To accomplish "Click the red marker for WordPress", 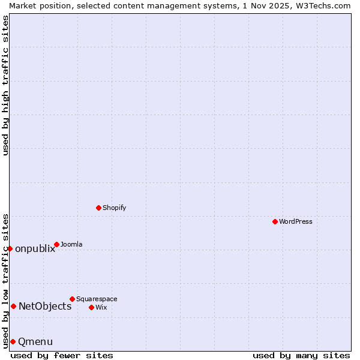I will click(x=275, y=221).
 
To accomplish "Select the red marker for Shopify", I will click(x=98, y=208).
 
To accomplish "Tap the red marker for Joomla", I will click(x=56, y=244).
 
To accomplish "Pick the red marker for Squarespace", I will click(x=72, y=299).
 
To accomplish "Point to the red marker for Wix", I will click(x=91, y=307).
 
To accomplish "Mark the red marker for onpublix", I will click(x=10, y=248).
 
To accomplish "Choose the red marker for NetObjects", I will click(x=13, y=306).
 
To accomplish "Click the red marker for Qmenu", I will click(x=13, y=341).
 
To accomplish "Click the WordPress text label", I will click(x=295, y=221).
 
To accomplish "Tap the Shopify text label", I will click(x=114, y=208).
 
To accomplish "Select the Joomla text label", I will click(x=71, y=244).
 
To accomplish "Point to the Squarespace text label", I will click(x=97, y=299).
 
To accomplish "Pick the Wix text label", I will click(x=101, y=307).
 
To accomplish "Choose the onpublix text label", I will click(x=35, y=249).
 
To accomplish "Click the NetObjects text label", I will click(x=45, y=307).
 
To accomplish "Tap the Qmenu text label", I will click(x=35, y=342).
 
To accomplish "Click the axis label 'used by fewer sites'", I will click(x=62, y=355).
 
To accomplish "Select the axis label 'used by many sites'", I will click(x=301, y=355).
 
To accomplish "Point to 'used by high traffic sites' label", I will click(x=5, y=85).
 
